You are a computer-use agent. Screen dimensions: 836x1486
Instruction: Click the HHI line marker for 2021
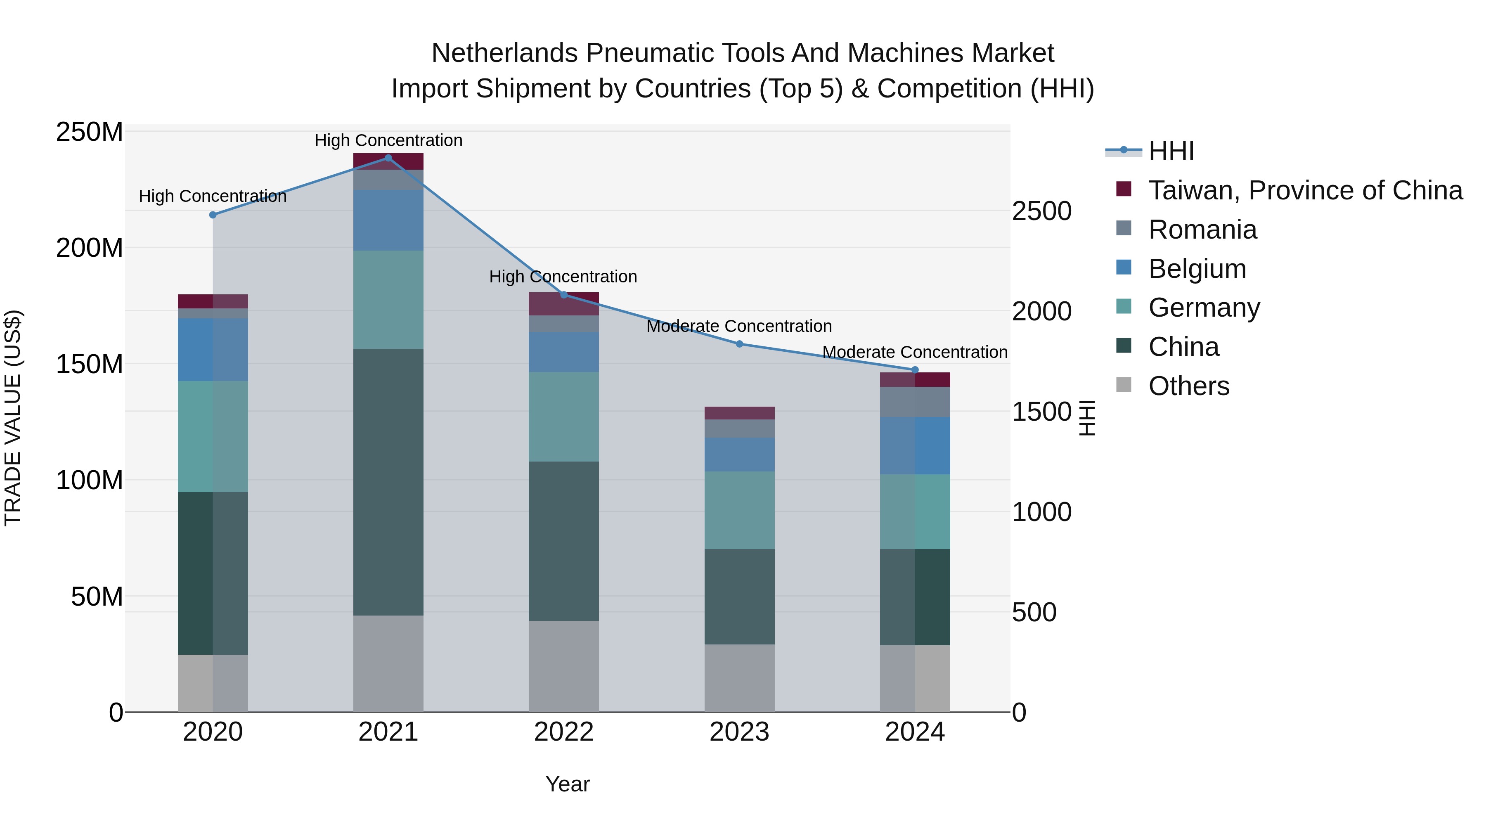[x=388, y=158]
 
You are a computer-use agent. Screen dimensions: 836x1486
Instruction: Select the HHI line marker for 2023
[x=740, y=344]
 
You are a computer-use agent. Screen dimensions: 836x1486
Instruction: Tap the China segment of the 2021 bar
[x=388, y=482]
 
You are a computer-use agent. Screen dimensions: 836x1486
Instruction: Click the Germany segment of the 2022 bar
[x=563, y=417]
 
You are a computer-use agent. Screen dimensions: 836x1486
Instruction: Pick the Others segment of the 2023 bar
[x=740, y=678]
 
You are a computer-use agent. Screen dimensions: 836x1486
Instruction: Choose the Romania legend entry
[x=1202, y=230]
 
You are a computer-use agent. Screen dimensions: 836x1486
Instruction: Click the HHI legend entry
[x=1171, y=151]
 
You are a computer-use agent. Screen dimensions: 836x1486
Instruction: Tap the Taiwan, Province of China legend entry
[x=1305, y=190]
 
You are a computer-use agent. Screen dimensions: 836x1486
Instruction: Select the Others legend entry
[x=1188, y=386]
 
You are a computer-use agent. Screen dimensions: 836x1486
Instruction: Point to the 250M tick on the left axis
[x=90, y=132]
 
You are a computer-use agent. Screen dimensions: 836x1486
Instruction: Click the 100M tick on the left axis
[x=90, y=480]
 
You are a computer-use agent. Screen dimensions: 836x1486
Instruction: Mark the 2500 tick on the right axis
[x=1042, y=211]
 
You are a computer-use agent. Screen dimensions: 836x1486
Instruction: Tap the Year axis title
[x=568, y=784]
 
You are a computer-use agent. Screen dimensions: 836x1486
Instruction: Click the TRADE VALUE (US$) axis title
[x=13, y=418]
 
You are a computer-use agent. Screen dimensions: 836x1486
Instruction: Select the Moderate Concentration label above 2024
[x=914, y=352]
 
